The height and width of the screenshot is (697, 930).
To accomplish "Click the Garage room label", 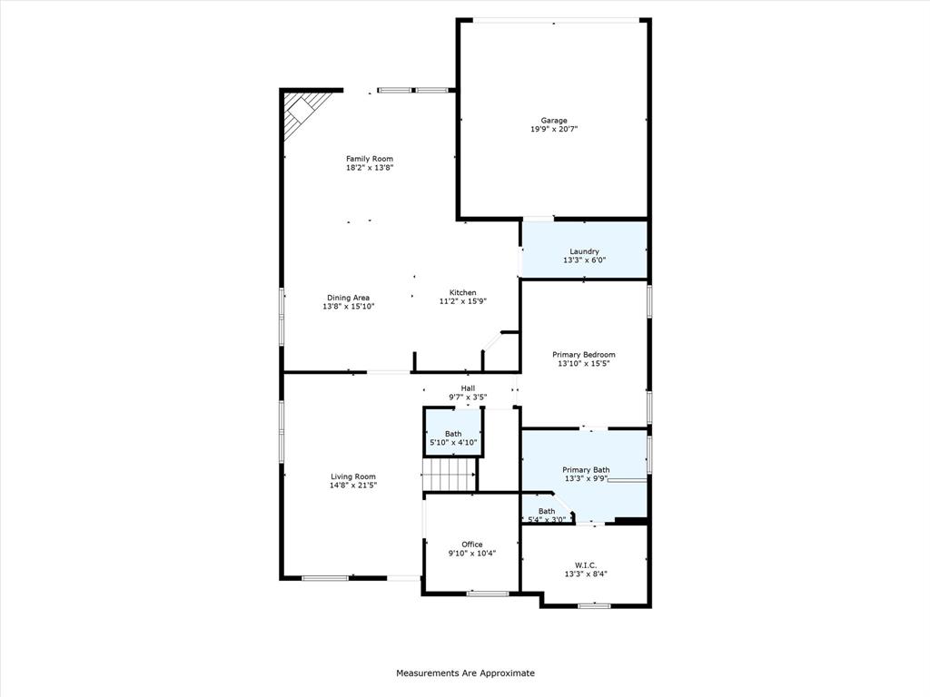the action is click(554, 121).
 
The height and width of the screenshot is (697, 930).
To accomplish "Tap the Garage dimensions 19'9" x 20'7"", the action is click(554, 129).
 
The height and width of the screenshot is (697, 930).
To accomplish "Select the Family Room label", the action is click(370, 159).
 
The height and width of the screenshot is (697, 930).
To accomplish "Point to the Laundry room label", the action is click(584, 251).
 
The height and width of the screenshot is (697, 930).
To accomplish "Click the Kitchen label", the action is click(462, 292).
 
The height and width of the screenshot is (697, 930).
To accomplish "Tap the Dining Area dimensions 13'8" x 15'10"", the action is click(348, 307).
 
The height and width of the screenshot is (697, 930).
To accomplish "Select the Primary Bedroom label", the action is click(584, 355).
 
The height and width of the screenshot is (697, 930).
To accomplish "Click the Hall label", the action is click(468, 388).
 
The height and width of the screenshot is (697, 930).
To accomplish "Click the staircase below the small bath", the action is click(449, 475).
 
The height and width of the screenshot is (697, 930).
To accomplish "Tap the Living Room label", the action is click(353, 476).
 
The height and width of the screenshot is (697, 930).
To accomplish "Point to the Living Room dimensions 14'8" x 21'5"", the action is click(353, 485).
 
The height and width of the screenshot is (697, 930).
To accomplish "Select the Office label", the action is click(472, 545).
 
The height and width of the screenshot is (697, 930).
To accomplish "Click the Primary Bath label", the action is click(586, 470).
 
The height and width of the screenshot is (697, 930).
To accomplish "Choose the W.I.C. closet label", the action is click(586, 565).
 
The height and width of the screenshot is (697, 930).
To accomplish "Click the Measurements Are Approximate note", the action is click(465, 672).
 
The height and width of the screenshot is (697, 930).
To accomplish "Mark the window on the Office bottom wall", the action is click(488, 594).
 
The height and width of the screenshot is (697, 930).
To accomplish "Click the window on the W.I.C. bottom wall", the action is click(594, 605).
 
